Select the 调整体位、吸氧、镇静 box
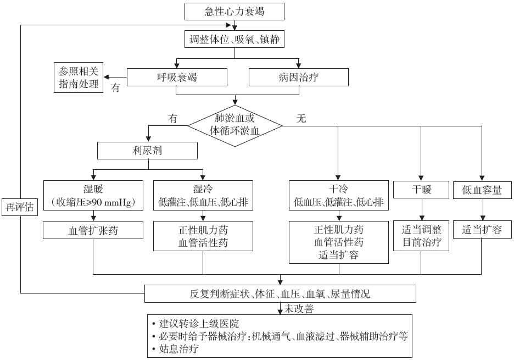tap(236, 40)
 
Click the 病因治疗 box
tap(298, 77)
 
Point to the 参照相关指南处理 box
tap(79, 77)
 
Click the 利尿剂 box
tap(147, 151)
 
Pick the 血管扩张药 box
tap(93, 230)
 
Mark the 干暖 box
tap(421, 190)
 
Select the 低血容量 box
tap(483, 190)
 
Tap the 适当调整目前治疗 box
tap(421, 236)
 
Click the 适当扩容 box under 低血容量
tap(482, 230)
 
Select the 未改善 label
tap(299, 309)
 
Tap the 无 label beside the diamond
tap(301, 118)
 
